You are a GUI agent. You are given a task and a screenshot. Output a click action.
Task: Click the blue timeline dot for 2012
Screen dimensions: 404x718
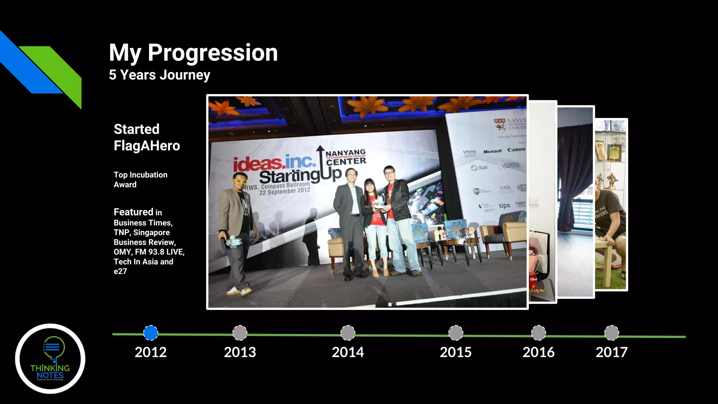coord(151,333)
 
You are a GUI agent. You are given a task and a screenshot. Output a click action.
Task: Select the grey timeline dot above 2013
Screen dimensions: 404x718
coord(240,333)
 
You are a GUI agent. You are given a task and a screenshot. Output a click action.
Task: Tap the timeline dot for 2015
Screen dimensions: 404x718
coord(456,333)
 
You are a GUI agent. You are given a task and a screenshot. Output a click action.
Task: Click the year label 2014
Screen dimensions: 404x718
coord(348,352)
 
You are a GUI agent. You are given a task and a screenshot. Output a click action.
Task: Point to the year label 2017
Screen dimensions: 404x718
coord(612,352)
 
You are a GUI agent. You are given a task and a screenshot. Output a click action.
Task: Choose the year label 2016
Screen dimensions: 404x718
coord(538,352)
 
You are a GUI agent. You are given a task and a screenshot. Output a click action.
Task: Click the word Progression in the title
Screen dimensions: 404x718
coord(212,53)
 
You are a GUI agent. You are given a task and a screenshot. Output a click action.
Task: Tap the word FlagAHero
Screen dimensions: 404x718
coord(147,146)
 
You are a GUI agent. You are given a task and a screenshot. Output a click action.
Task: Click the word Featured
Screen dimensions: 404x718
coord(133,212)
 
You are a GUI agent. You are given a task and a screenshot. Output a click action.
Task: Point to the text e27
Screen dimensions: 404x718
coord(120,271)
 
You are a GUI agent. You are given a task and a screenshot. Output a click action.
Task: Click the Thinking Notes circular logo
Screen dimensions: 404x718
coord(50,358)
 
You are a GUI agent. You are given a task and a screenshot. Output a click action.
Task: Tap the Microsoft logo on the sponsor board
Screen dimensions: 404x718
coord(492,151)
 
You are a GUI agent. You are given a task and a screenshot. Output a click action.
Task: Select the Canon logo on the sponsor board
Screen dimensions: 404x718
coord(516,150)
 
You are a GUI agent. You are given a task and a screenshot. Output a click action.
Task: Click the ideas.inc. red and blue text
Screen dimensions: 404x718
coord(274,162)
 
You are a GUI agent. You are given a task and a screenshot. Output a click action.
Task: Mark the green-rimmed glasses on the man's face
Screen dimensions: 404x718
coord(240,182)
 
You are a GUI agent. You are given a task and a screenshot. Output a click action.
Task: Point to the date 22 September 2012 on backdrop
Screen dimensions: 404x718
coord(285,191)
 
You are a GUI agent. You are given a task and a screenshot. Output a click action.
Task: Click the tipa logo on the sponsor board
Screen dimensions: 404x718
coord(504,206)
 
